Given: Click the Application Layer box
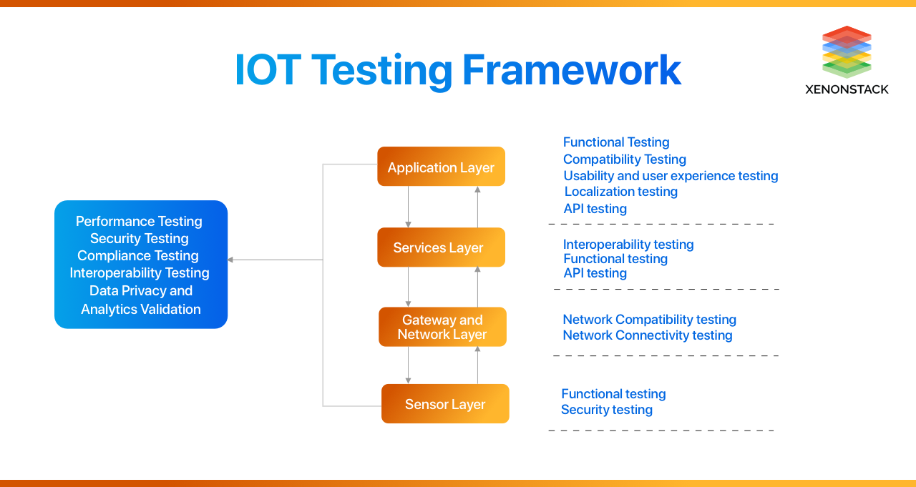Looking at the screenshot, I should pos(441,167).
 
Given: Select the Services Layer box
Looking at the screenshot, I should pos(441,247).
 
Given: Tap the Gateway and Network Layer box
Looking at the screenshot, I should pos(442,327).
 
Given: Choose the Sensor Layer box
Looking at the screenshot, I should pos(445,404).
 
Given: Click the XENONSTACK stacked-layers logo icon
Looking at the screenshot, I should pos(847,51).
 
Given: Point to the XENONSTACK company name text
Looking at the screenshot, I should pos(847,89).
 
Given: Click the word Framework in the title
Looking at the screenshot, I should pos(571,70).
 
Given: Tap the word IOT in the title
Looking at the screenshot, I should pos(268,70).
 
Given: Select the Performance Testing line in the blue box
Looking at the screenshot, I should pos(139,222).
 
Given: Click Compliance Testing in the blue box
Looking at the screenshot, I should pos(138,256).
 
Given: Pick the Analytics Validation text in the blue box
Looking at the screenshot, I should pos(141,310).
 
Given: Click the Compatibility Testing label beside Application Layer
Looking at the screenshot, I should pos(624,159).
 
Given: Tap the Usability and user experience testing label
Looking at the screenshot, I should pos(671,176).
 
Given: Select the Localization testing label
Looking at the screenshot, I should pos(620,192).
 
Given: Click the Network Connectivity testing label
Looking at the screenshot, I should pos(647,335).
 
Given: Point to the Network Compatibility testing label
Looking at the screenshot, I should pos(649,320).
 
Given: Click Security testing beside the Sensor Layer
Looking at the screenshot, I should pos(606,410).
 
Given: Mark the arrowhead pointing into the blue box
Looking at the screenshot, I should pos(231,260).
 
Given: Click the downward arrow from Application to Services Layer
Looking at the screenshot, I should pos(409,207).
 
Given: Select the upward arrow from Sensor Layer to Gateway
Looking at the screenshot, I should pos(477,365).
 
